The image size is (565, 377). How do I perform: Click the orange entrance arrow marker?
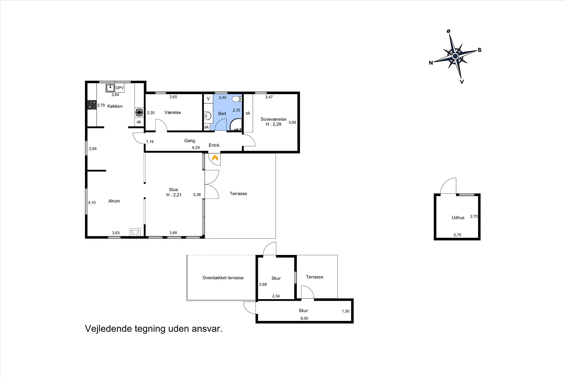215,158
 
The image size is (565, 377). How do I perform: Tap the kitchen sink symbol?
110,88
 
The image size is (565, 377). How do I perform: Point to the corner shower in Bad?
236,125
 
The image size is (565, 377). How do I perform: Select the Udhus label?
458,218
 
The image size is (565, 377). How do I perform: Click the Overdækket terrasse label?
223,278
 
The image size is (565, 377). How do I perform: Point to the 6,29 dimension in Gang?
196,148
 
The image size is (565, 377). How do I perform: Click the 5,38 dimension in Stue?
197,195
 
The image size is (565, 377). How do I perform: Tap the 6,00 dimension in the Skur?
304,318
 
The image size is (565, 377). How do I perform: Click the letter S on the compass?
480,50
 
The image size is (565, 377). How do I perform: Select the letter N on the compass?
431,63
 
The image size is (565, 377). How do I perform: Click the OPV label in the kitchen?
119,88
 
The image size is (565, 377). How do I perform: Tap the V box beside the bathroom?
208,99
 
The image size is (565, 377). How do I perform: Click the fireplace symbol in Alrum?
135,232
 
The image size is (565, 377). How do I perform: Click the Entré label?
214,145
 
